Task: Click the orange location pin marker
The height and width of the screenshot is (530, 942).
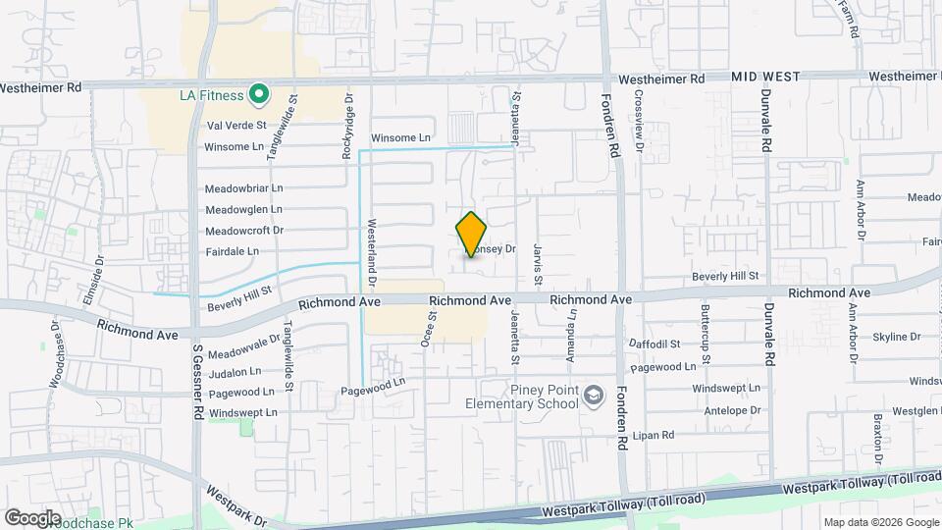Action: [x=472, y=234]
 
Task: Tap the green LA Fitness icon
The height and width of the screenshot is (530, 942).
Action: [x=259, y=94]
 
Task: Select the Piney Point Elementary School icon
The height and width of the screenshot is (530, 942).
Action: [x=593, y=396]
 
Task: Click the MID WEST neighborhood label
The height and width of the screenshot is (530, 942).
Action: [x=765, y=77]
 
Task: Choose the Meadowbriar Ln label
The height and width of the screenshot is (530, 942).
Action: [x=243, y=187]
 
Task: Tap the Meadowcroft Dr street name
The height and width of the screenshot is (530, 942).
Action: [x=244, y=231]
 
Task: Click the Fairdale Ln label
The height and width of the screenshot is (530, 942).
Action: [x=233, y=251]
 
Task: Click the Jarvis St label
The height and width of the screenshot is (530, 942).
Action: [x=538, y=259]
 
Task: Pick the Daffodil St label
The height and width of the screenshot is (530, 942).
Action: [x=656, y=344]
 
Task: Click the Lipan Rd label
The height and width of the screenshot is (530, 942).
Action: [x=654, y=434]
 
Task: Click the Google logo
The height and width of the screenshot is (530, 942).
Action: [x=33, y=517]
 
